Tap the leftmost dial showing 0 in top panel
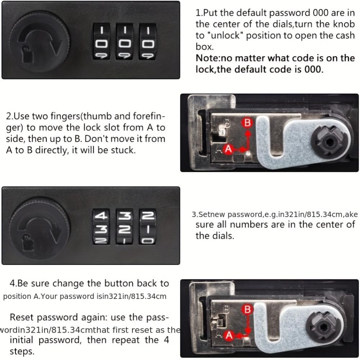101,41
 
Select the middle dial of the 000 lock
125,41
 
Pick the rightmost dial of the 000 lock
148,41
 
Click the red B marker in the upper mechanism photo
247,123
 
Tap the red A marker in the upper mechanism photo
228,149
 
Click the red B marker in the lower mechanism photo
247,310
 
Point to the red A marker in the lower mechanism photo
229,336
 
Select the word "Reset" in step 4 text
22,317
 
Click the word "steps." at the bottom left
22,352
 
